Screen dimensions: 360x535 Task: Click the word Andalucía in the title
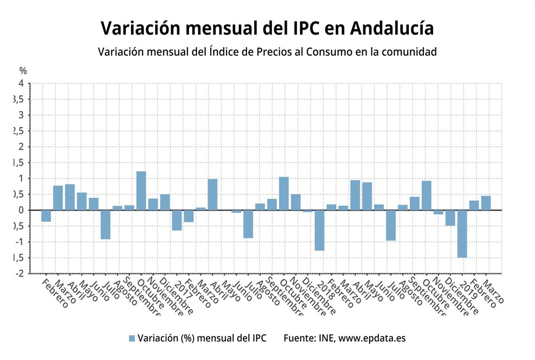pyautogui.click(x=392, y=28)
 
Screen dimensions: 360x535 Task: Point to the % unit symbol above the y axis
pyautogui.click(x=23, y=70)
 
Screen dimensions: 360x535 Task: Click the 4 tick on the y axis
pyautogui.click(x=21, y=83)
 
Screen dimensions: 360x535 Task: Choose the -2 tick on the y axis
pyautogui.click(x=20, y=273)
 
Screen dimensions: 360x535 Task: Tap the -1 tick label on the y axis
pyautogui.click(x=20, y=241)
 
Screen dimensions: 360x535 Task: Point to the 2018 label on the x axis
pyautogui.click(x=326, y=290)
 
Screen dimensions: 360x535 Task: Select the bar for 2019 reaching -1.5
pyautogui.click(x=462, y=233)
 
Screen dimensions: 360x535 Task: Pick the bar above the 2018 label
pyautogui.click(x=319, y=230)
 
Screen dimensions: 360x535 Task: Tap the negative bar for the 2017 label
pyautogui.click(x=177, y=220)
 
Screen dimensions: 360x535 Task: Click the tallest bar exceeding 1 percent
pyautogui.click(x=141, y=191)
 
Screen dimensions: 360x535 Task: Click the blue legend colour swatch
pyautogui.click(x=132, y=338)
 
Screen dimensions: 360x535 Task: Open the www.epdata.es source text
pyautogui.click(x=372, y=338)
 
